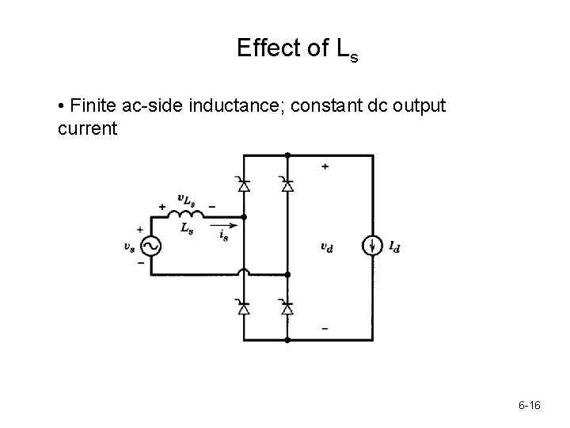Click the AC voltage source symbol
[149, 246]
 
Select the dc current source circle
[373, 246]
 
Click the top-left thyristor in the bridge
[244, 185]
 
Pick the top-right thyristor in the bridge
[287, 185]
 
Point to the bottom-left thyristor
[244, 307]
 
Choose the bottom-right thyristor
[287, 307]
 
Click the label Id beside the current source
[393, 247]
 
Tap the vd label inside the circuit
[326, 246]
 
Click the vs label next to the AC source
[129, 246]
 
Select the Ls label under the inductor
[185, 228]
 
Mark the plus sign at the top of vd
[325, 166]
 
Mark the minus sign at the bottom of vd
[325, 327]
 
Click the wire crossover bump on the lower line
[244, 273]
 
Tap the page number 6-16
[529, 406]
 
